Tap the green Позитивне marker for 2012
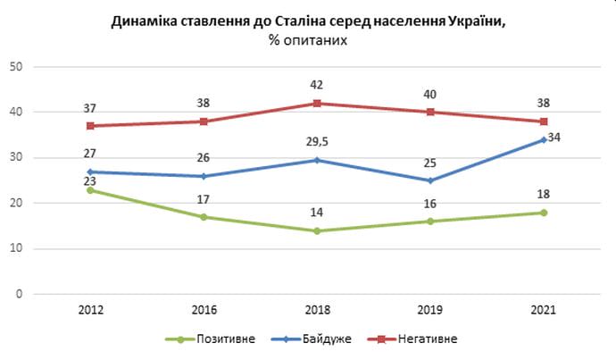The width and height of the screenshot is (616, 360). [x=90, y=190]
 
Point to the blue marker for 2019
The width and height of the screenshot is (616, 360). [x=432, y=180]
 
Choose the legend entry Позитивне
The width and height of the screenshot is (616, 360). [x=220, y=339]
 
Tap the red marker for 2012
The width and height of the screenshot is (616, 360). [x=90, y=126]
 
